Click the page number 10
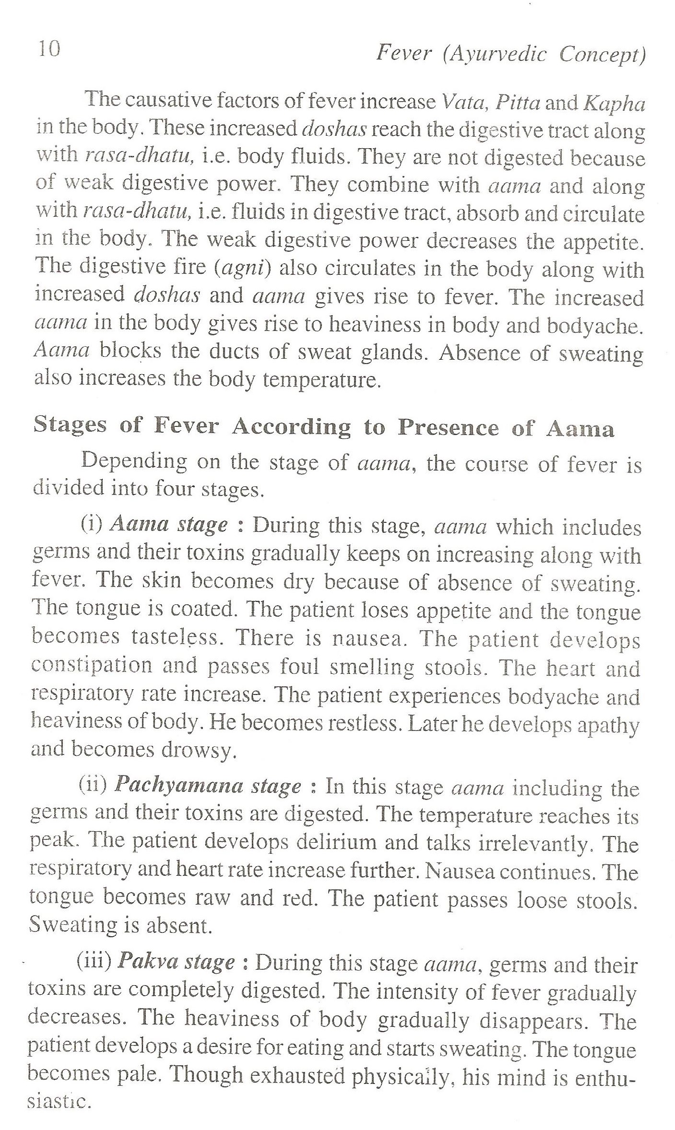point(48,49)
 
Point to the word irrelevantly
point(533,843)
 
